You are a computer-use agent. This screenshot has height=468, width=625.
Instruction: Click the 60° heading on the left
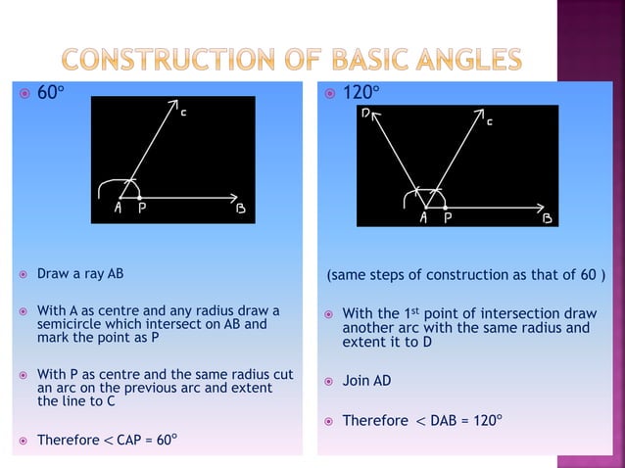click(x=50, y=95)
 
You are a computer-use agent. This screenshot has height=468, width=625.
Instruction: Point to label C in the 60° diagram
click(x=184, y=114)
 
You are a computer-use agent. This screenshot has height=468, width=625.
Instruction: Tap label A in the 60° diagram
click(x=117, y=209)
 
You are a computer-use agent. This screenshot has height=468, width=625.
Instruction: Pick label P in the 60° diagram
click(x=142, y=209)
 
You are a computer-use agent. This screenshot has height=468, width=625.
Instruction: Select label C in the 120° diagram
click(x=489, y=123)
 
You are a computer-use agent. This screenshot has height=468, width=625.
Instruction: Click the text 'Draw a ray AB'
click(x=80, y=274)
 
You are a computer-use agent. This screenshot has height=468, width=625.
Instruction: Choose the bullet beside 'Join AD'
click(x=329, y=381)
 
